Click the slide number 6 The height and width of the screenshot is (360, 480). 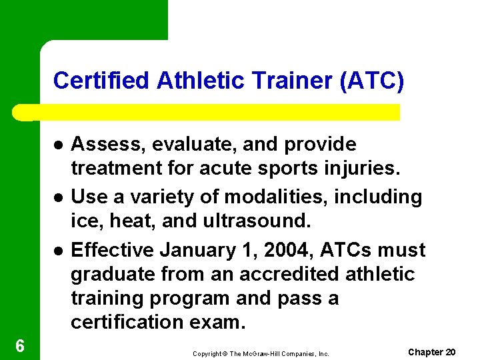click(20, 345)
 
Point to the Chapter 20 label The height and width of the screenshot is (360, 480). click(431, 351)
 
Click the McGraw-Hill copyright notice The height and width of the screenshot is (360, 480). click(261, 353)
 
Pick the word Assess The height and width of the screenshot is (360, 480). click(101, 144)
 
